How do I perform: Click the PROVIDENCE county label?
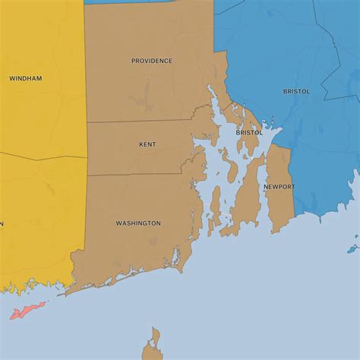point(152,61)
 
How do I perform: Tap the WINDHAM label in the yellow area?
point(26,78)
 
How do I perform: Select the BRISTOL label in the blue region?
point(296,91)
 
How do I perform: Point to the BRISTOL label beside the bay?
point(249,132)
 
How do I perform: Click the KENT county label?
point(147,144)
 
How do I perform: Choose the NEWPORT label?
point(279,187)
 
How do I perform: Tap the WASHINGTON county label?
point(138,223)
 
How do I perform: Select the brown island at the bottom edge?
point(153,346)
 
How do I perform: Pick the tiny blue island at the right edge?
point(352,248)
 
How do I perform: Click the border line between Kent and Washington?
point(137,175)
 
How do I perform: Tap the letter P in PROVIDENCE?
point(134,61)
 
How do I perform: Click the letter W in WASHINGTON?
point(118,223)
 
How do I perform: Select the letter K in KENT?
point(141,144)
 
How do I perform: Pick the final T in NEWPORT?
point(292,187)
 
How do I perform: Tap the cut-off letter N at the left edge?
point(2,223)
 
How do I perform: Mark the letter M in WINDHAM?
point(39,78)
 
